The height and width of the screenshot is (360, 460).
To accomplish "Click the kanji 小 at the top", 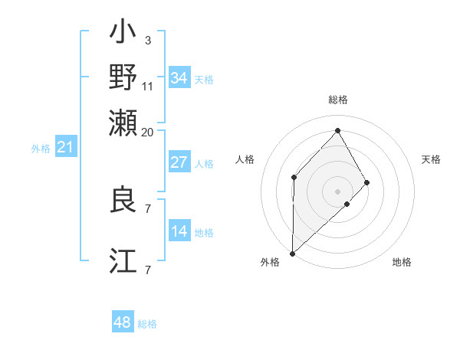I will [123, 34].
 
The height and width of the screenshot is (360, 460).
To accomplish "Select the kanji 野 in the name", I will [123, 77].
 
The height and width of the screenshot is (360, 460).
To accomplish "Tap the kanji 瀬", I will [123, 120].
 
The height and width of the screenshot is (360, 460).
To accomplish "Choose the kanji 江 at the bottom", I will [123, 260].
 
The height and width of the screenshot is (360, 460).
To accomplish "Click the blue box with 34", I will [179, 78].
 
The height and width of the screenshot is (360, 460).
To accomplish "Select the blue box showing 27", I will [179, 162].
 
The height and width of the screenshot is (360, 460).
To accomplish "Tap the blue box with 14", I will [179, 231].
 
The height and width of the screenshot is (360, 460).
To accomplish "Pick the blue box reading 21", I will [65, 147].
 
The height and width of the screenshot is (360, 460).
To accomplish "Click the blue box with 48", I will [123, 322].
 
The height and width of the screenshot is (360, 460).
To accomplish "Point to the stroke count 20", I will [148, 132].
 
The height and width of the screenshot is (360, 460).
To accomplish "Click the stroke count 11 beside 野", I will [148, 86].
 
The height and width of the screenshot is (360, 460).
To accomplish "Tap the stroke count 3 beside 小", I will [148, 40].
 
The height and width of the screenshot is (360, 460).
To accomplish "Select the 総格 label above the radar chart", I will [337, 100].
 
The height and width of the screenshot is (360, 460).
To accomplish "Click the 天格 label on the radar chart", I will [431, 159].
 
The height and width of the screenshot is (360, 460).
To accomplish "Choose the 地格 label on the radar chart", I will [402, 262].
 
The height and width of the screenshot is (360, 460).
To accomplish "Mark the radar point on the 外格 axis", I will [292, 253].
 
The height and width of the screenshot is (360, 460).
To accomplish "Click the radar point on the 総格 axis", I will [337, 130].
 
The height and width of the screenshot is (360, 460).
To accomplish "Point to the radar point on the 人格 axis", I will [294, 178].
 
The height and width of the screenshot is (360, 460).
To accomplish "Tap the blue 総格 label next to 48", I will [147, 324].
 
